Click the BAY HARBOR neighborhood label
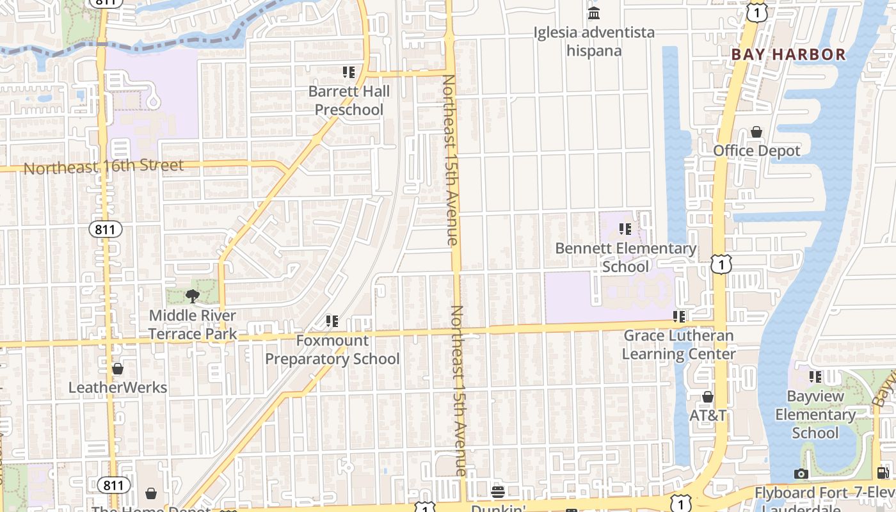coord(788,54)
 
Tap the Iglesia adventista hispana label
coord(595,41)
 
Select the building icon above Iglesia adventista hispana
coord(594,13)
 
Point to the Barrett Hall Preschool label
coord(349,100)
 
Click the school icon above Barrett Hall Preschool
coord(349,72)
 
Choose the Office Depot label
coord(756,151)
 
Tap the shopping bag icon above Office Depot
coord(756,132)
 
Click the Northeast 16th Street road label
coord(104,166)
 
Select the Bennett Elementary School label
coord(625,257)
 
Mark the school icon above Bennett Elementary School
coord(625,228)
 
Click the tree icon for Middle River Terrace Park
coord(191,296)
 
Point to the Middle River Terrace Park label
coord(193,324)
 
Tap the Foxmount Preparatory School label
coord(332,349)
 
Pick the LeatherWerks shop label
coord(118,388)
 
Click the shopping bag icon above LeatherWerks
coord(118,369)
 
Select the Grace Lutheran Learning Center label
coord(678,344)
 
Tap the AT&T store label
coord(708,415)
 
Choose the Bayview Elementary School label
coord(815,414)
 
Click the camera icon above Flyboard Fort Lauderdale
coord(801,474)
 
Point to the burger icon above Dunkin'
coord(498,492)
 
